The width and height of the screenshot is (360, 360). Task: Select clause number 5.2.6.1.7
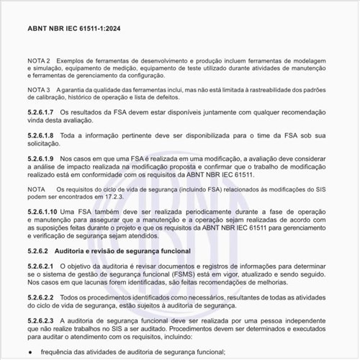tap(41, 113)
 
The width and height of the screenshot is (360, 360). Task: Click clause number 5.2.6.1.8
tap(41, 135)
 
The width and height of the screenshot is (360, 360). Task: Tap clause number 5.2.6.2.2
tap(41, 297)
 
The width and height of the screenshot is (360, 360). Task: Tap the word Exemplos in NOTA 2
tap(75, 60)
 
